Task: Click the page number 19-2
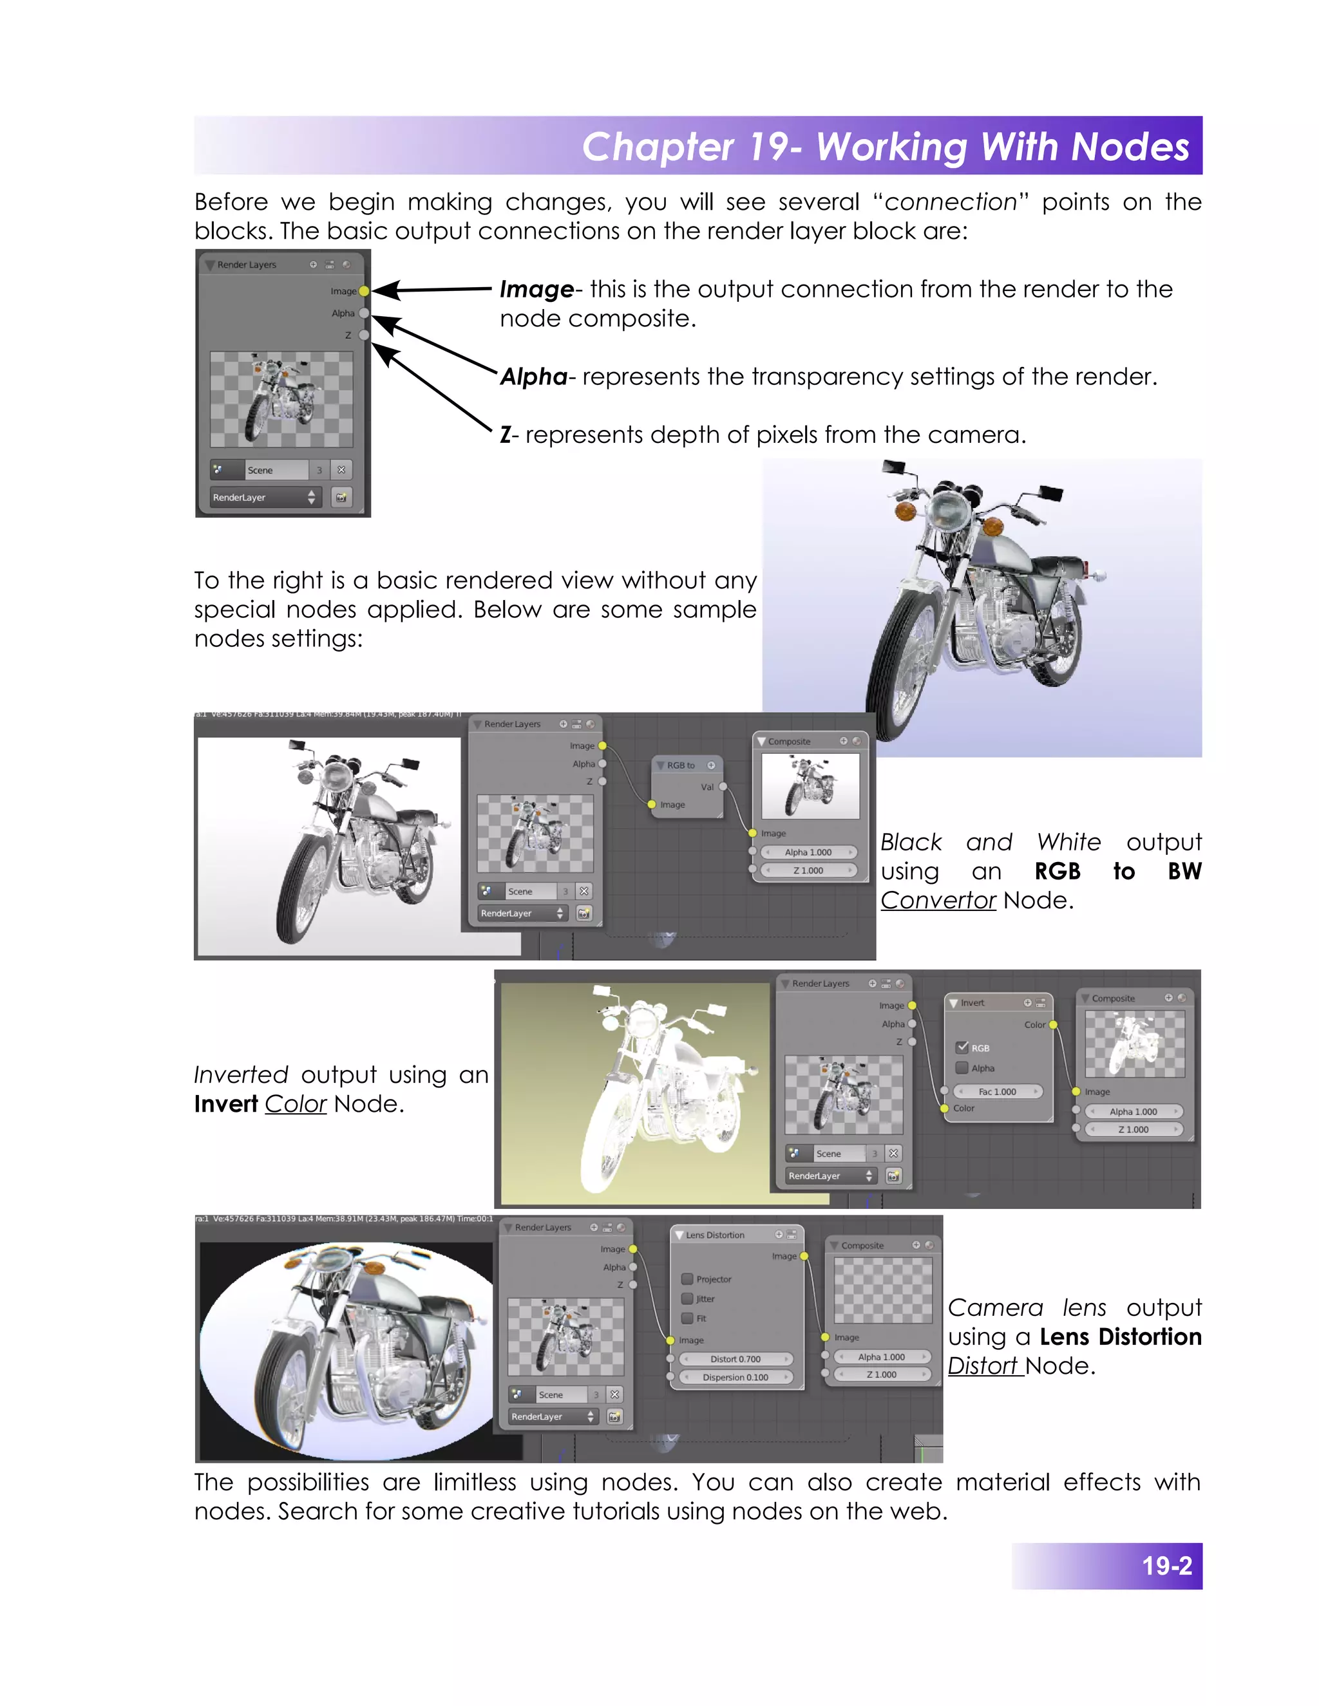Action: pyautogui.click(x=1166, y=1566)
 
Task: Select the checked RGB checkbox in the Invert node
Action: pyautogui.click(x=962, y=1047)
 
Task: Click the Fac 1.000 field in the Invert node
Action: pyautogui.click(x=997, y=1091)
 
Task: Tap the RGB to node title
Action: pyautogui.click(x=681, y=765)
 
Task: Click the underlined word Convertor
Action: pyautogui.click(x=938, y=900)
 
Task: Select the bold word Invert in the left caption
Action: pyautogui.click(x=226, y=1103)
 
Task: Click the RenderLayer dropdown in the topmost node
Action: pyautogui.click(x=263, y=497)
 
